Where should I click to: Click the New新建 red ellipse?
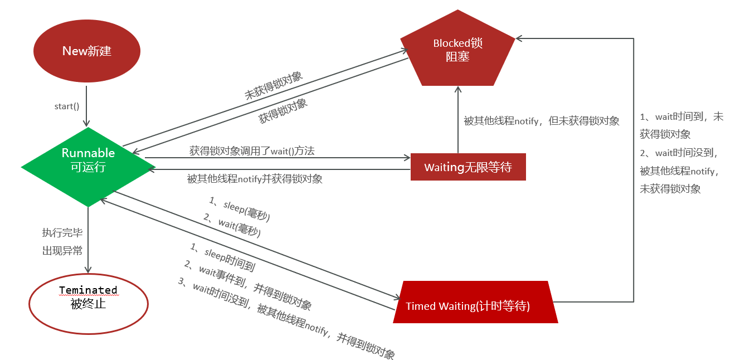pos(86,51)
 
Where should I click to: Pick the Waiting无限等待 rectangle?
pos(468,167)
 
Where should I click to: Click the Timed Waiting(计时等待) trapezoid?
pos(475,306)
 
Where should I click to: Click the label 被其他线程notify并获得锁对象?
pos(255,179)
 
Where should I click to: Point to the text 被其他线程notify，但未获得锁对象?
pos(541,120)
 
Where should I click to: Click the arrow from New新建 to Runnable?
pos(87,103)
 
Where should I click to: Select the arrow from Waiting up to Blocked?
pos(458,120)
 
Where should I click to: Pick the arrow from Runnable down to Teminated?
pos(88,240)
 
